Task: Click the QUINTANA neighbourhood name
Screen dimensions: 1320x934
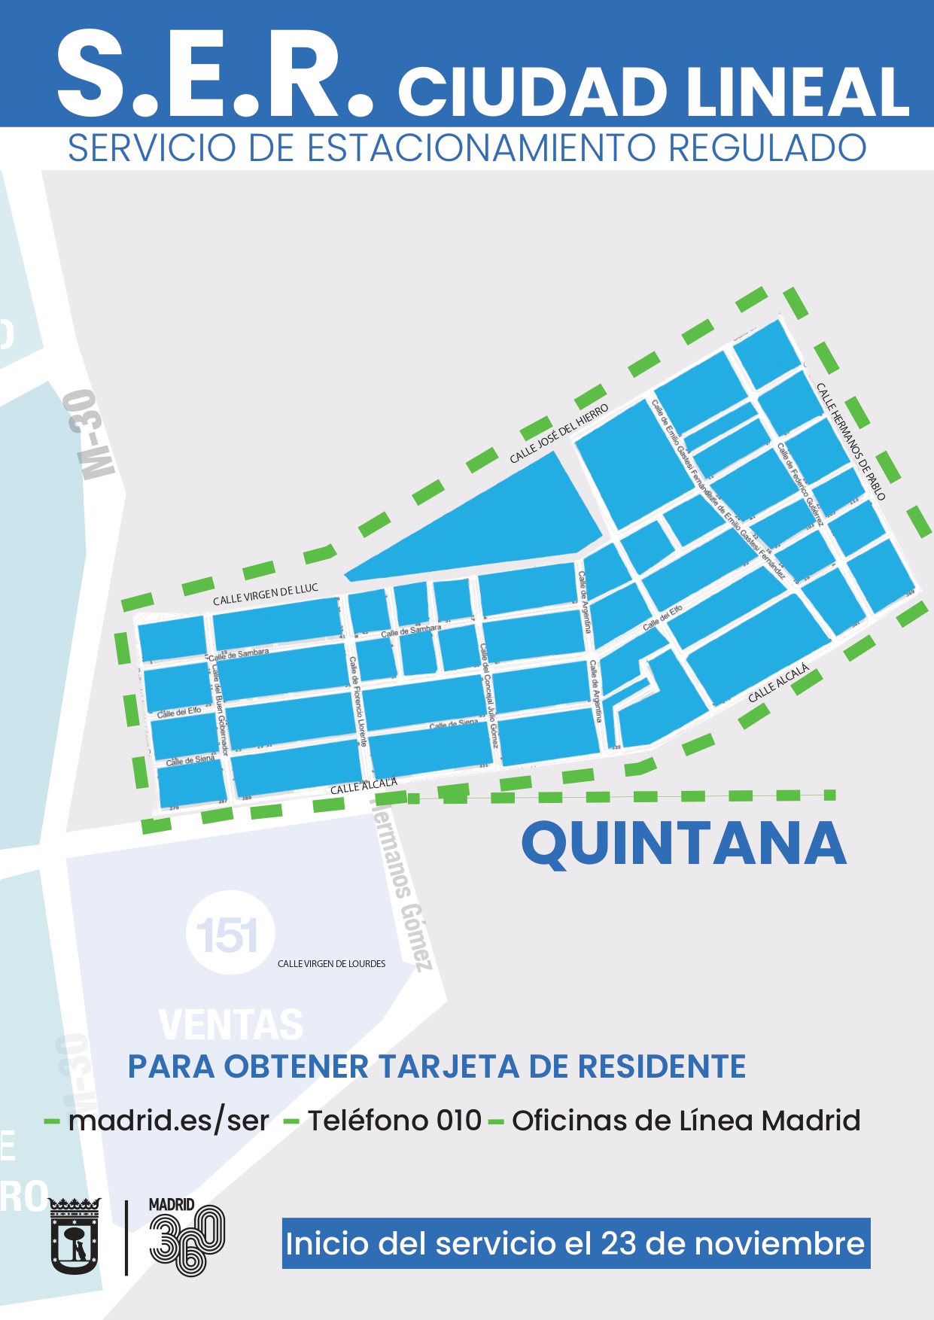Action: (683, 844)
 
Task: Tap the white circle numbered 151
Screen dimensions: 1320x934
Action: (230, 934)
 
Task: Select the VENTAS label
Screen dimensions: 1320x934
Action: (231, 1025)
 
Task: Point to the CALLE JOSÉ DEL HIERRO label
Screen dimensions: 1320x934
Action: (558, 434)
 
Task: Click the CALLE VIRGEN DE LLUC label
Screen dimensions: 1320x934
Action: (265, 595)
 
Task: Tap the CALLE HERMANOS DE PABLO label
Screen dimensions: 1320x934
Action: (850, 441)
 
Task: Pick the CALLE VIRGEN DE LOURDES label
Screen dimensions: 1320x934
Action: (331, 964)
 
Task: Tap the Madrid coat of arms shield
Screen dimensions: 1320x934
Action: (75, 1236)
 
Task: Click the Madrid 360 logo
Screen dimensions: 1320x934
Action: (186, 1236)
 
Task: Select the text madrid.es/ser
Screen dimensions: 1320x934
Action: (169, 1121)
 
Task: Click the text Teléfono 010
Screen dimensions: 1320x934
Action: (394, 1121)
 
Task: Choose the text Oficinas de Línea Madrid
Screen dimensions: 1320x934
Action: (686, 1121)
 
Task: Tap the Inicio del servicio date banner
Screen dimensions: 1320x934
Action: (576, 1243)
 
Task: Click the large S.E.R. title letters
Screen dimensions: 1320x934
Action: (214, 75)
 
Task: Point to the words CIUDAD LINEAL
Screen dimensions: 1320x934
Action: (653, 92)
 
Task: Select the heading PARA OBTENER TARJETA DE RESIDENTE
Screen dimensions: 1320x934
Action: (437, 1066)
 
